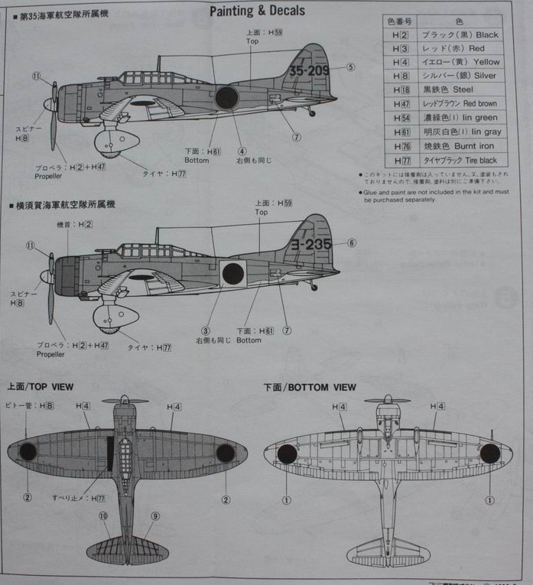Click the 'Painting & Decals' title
(257, 11)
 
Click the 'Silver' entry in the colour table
(481, 76)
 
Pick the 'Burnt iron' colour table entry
(476, 146)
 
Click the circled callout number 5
(351, 67)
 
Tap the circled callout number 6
(352, 243)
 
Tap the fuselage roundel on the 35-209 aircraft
(226, 98)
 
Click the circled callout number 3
(206, 330)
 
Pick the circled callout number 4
(242, 151)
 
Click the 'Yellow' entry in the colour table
(481, 62)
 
